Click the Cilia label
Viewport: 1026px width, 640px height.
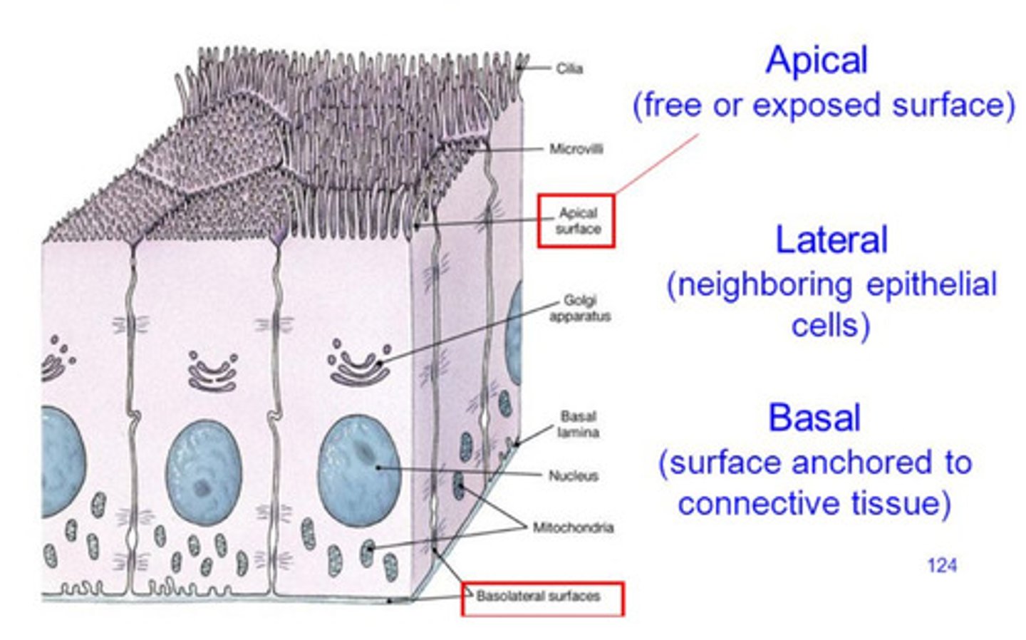tap(569, 68)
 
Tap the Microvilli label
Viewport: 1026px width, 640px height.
tap(576, 149)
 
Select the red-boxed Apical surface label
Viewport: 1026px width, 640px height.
tap(577, 221)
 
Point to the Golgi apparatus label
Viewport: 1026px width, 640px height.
tap(579, 308)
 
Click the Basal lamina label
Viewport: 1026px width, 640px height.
tap(578, 424)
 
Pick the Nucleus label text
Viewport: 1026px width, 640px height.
tap(573, 475)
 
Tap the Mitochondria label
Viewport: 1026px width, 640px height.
tap(573, 527)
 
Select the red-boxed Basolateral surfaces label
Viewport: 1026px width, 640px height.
tap(539, 597)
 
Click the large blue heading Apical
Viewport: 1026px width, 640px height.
tap(817, 60)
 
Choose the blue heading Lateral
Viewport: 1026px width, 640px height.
tap(831, 240)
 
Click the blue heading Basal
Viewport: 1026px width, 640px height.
tap(814, 418)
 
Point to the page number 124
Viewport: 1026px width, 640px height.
tap(941, 565)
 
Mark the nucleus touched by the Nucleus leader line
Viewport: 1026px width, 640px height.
tap(358, 470)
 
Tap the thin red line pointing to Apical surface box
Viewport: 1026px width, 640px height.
tap(655, 164)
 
